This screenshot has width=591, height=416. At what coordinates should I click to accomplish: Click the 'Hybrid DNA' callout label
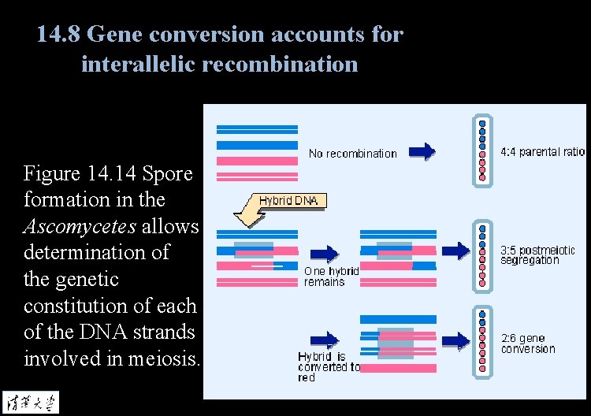point(288,201)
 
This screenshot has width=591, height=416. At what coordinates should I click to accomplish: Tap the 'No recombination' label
point(352,154)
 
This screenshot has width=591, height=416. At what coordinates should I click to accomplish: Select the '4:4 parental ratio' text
point(543,152)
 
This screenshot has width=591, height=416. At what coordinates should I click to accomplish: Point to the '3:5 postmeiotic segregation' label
point(537,255)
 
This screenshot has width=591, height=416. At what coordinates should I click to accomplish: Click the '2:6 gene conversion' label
point(528,344)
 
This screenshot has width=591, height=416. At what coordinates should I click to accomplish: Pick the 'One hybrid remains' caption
point(331,276)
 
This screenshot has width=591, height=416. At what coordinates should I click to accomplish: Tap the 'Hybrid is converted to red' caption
point(329,366)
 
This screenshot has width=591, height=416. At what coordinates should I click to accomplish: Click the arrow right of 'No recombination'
point(423,151)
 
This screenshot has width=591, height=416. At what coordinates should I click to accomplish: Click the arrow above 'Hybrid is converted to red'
point(323,340)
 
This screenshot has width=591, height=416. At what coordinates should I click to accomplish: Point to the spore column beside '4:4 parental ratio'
point(482,151)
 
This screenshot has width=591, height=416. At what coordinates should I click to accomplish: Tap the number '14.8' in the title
point(60,35)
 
